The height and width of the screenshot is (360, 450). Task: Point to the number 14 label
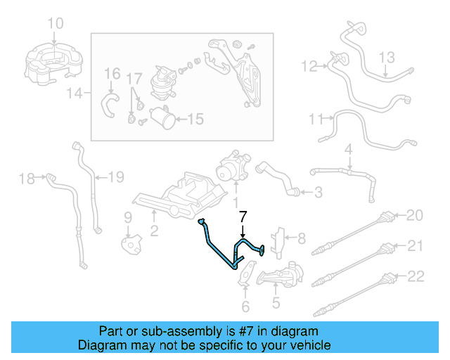[79, 92]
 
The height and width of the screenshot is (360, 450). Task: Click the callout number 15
[195, 120]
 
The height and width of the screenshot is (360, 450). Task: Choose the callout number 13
[389, 56]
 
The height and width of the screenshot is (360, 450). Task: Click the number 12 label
[309, 67]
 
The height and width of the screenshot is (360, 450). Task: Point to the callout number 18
[27, 179]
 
